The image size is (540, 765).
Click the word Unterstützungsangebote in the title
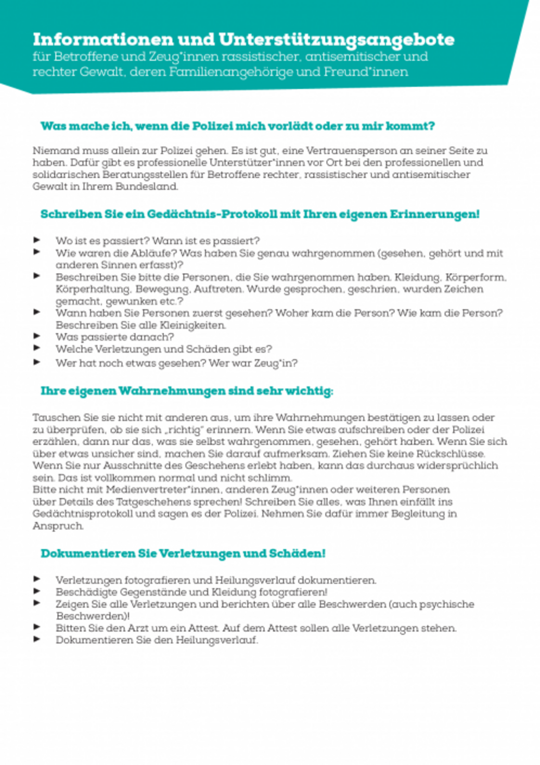(x=336, y=40)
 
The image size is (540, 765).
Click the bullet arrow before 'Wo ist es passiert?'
(x=37, y=240)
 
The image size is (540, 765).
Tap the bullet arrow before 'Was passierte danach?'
(x=37, y=336)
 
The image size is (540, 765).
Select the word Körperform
(x=476, y=278)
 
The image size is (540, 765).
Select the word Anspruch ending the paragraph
(x=58, y=526)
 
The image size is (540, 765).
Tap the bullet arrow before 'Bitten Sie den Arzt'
(x=37, y=627)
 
